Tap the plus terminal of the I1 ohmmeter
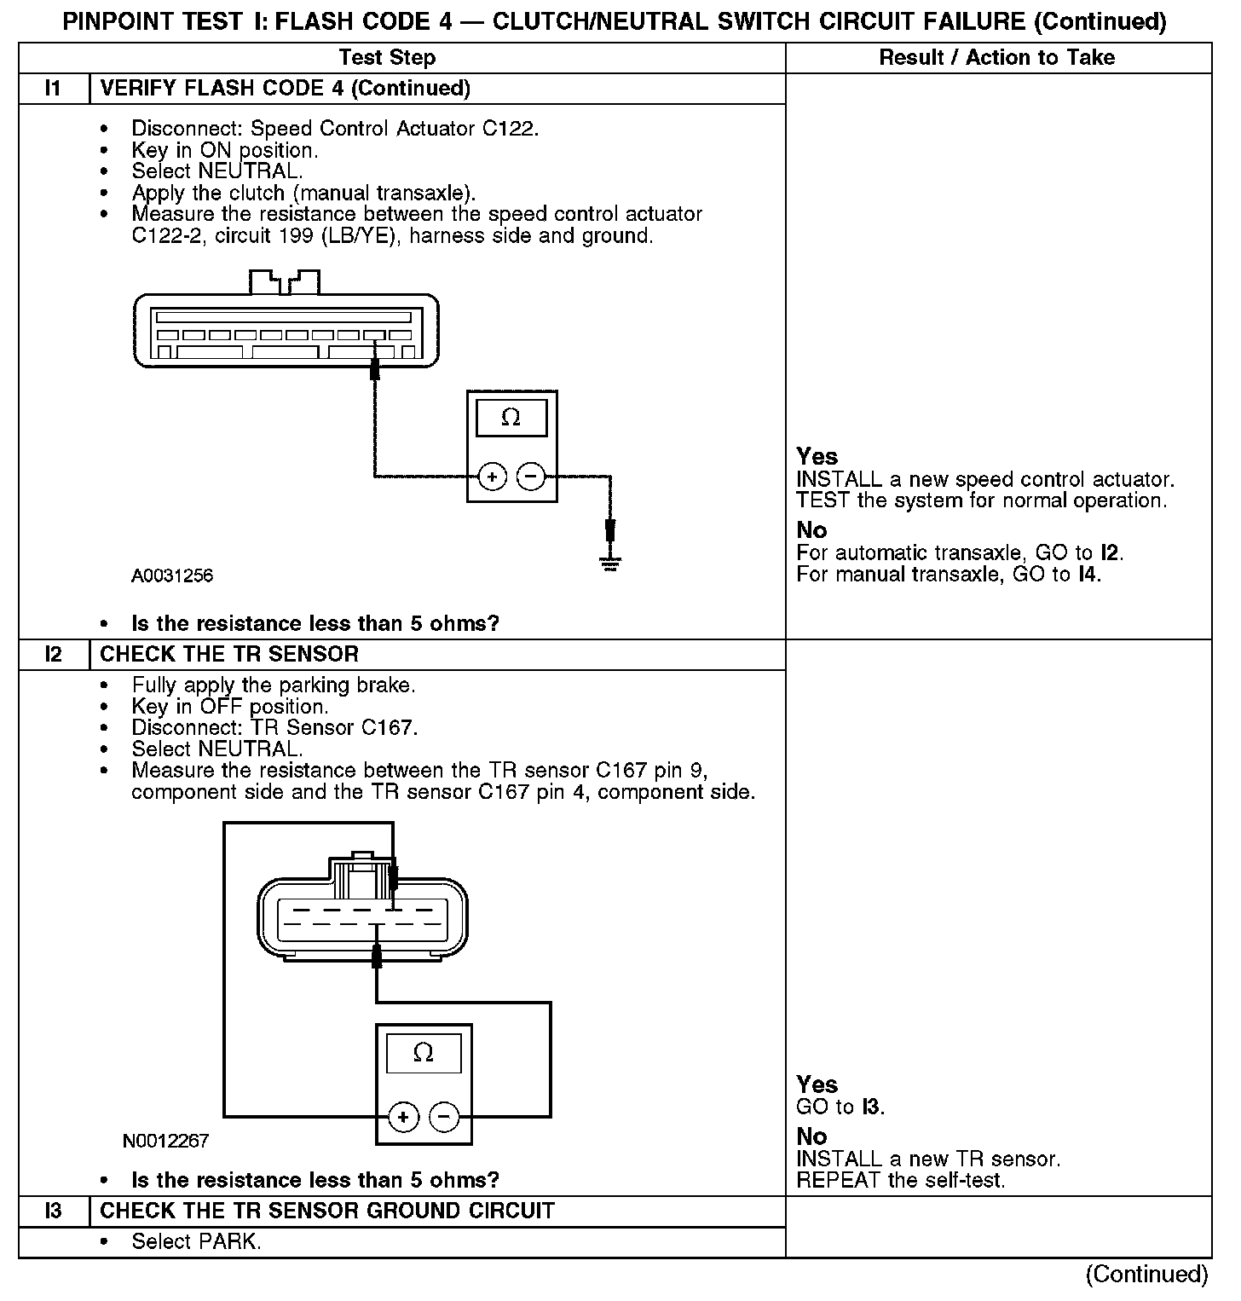pyautogui.click(x=492, y=476)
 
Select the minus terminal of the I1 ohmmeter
pyautogui.click(x=530, y=476)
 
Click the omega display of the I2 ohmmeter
pyautogui.click(x=424, y=1054)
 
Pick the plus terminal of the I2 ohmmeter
pyautogui.click(x=403, y=1116)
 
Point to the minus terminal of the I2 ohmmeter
pyautogui.click(x=443, y=1116)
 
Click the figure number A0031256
pyautogui.click(x=172, y=575)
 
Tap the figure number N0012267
pyautogui.click(x=166, y=1141)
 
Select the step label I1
pyautogui.click(x=53, y=89)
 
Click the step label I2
pyautogui.click(x=53, y=655)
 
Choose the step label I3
pyautogui.click(x=53, y=1211)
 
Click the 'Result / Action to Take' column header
pyautogui.click(x=996, y=57)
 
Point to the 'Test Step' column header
pyautogui.click(x=387, y=57)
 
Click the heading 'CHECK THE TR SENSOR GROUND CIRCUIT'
pyautogui.click(x=327, y=1211)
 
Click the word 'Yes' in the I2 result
pyautogui.click(x=817, y=1084)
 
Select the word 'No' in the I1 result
pyautogui.click(x=811, y=530)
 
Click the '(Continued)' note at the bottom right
pyautogui.click(x=1146, y=1274)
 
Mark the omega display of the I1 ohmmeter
pyautogui.click(x=511, y=418)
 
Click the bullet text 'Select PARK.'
pyautogui.click(x=196, y=1241)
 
